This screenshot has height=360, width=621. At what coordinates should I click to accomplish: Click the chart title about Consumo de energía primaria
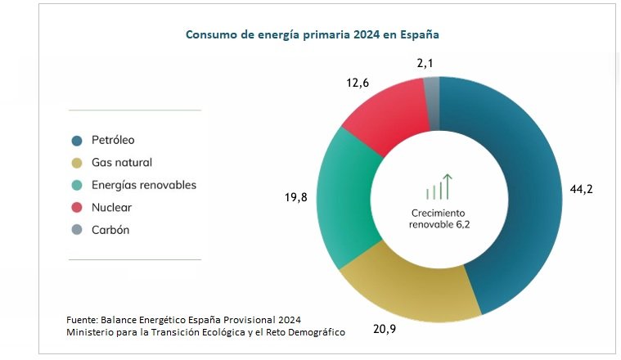click(313, 36)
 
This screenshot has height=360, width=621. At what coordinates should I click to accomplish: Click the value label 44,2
click(581, 189)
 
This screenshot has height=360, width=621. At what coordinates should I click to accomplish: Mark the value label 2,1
click(425, 63)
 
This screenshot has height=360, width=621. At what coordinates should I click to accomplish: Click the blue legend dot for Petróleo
click(77, 141)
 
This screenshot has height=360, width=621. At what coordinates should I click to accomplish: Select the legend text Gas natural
click(122, 163)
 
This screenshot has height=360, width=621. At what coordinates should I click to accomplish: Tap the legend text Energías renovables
click(143, 185)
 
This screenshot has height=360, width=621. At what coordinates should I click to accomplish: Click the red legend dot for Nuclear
click(77, 208)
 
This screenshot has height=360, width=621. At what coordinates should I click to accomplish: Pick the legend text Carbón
click(110, 230)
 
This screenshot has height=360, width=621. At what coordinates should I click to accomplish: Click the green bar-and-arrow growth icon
click(439, 187)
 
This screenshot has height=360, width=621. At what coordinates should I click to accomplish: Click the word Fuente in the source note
click(82, 319)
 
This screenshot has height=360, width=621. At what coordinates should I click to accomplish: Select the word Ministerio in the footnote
click(93, 331)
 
